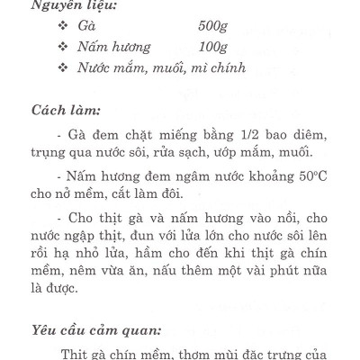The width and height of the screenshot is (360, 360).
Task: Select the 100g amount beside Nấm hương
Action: (x=212, y=46)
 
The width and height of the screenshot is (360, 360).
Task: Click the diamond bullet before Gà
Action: (x=63, y=25)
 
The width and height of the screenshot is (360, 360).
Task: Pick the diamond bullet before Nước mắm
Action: (x=63, y=68)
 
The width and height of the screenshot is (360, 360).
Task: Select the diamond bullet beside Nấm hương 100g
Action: (x=63, y=47)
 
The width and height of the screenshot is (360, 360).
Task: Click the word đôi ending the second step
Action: (x=166, y=194)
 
